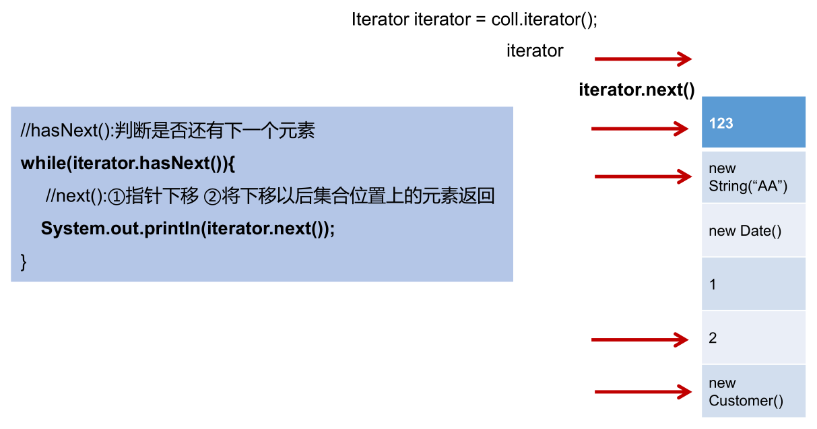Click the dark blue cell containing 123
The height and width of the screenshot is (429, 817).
(753, 123)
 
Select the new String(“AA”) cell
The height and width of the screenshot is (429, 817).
(753, 177)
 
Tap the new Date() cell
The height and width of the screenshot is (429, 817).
(753, 231)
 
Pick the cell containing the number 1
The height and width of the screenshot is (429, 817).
(753, 284)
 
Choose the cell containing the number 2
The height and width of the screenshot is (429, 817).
(753, 337)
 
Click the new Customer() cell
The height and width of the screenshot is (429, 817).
(753, 391)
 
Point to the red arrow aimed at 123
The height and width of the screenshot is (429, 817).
(641, 129)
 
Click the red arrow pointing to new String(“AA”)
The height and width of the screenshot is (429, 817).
(643, 177)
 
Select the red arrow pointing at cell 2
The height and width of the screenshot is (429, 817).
(641, 339)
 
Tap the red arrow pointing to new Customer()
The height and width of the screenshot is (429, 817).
(643, 391)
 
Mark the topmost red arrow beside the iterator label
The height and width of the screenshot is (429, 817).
(643, 59)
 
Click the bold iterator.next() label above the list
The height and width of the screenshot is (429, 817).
(636, 90)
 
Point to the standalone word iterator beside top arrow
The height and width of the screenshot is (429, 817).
(535, 51)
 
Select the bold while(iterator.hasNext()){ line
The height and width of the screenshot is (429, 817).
(127, 164)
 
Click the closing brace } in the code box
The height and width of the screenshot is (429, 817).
(24, 261)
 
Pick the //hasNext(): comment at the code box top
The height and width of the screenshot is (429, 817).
(67, 131)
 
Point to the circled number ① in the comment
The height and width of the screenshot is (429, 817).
(117, 197)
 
